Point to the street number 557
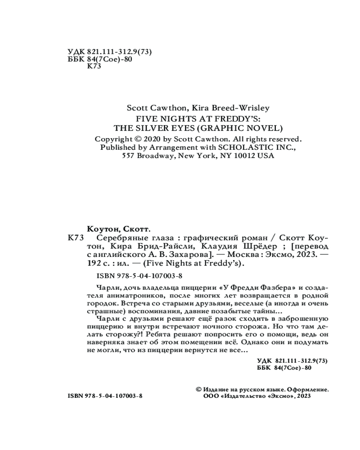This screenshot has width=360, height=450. coord(129,155)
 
